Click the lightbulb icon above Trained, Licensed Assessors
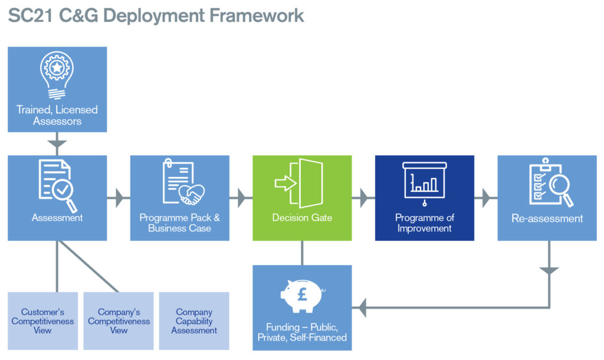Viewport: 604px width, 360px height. point(57,76)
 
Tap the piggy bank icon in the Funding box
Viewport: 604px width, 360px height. point(303,296)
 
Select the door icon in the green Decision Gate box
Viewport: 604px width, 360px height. point(299,183)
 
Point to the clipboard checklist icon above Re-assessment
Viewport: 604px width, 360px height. point(551,182)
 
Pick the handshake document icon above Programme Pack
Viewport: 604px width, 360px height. point(183,182)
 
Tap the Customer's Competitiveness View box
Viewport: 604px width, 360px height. point(42,320)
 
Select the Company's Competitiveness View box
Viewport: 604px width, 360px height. point(119,320)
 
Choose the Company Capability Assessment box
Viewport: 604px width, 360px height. point(194,320)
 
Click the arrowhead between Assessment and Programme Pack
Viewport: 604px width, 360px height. point(120,198)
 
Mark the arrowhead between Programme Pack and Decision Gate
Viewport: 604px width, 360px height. point(242,198)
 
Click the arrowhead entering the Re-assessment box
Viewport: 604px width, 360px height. point(487,198)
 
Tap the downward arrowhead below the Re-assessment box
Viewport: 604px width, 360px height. point(549,270)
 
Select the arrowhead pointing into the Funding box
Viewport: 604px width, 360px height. point(362,307)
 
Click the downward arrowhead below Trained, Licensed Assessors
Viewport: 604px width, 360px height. point(57,144)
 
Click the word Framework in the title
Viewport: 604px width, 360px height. point(257,16)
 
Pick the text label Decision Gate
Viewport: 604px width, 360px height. point(302,218)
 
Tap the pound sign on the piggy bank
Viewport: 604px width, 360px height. point(303,294)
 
